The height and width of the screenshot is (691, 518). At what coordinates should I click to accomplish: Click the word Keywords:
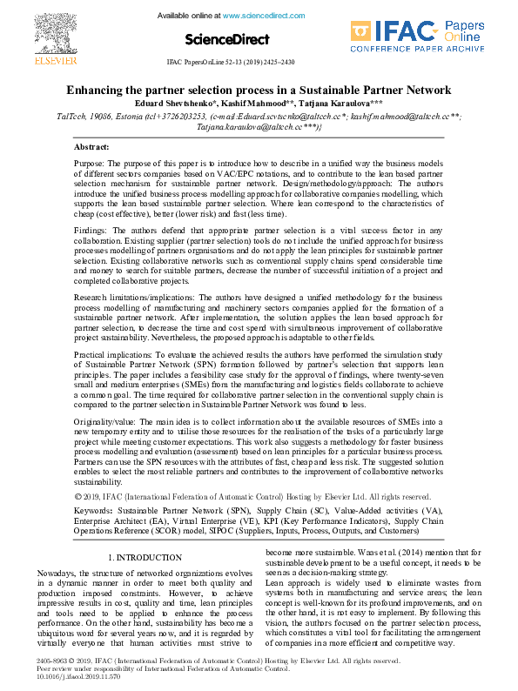pos(94,509)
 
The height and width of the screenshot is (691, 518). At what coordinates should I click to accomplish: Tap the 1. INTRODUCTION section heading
pos(145,556)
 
